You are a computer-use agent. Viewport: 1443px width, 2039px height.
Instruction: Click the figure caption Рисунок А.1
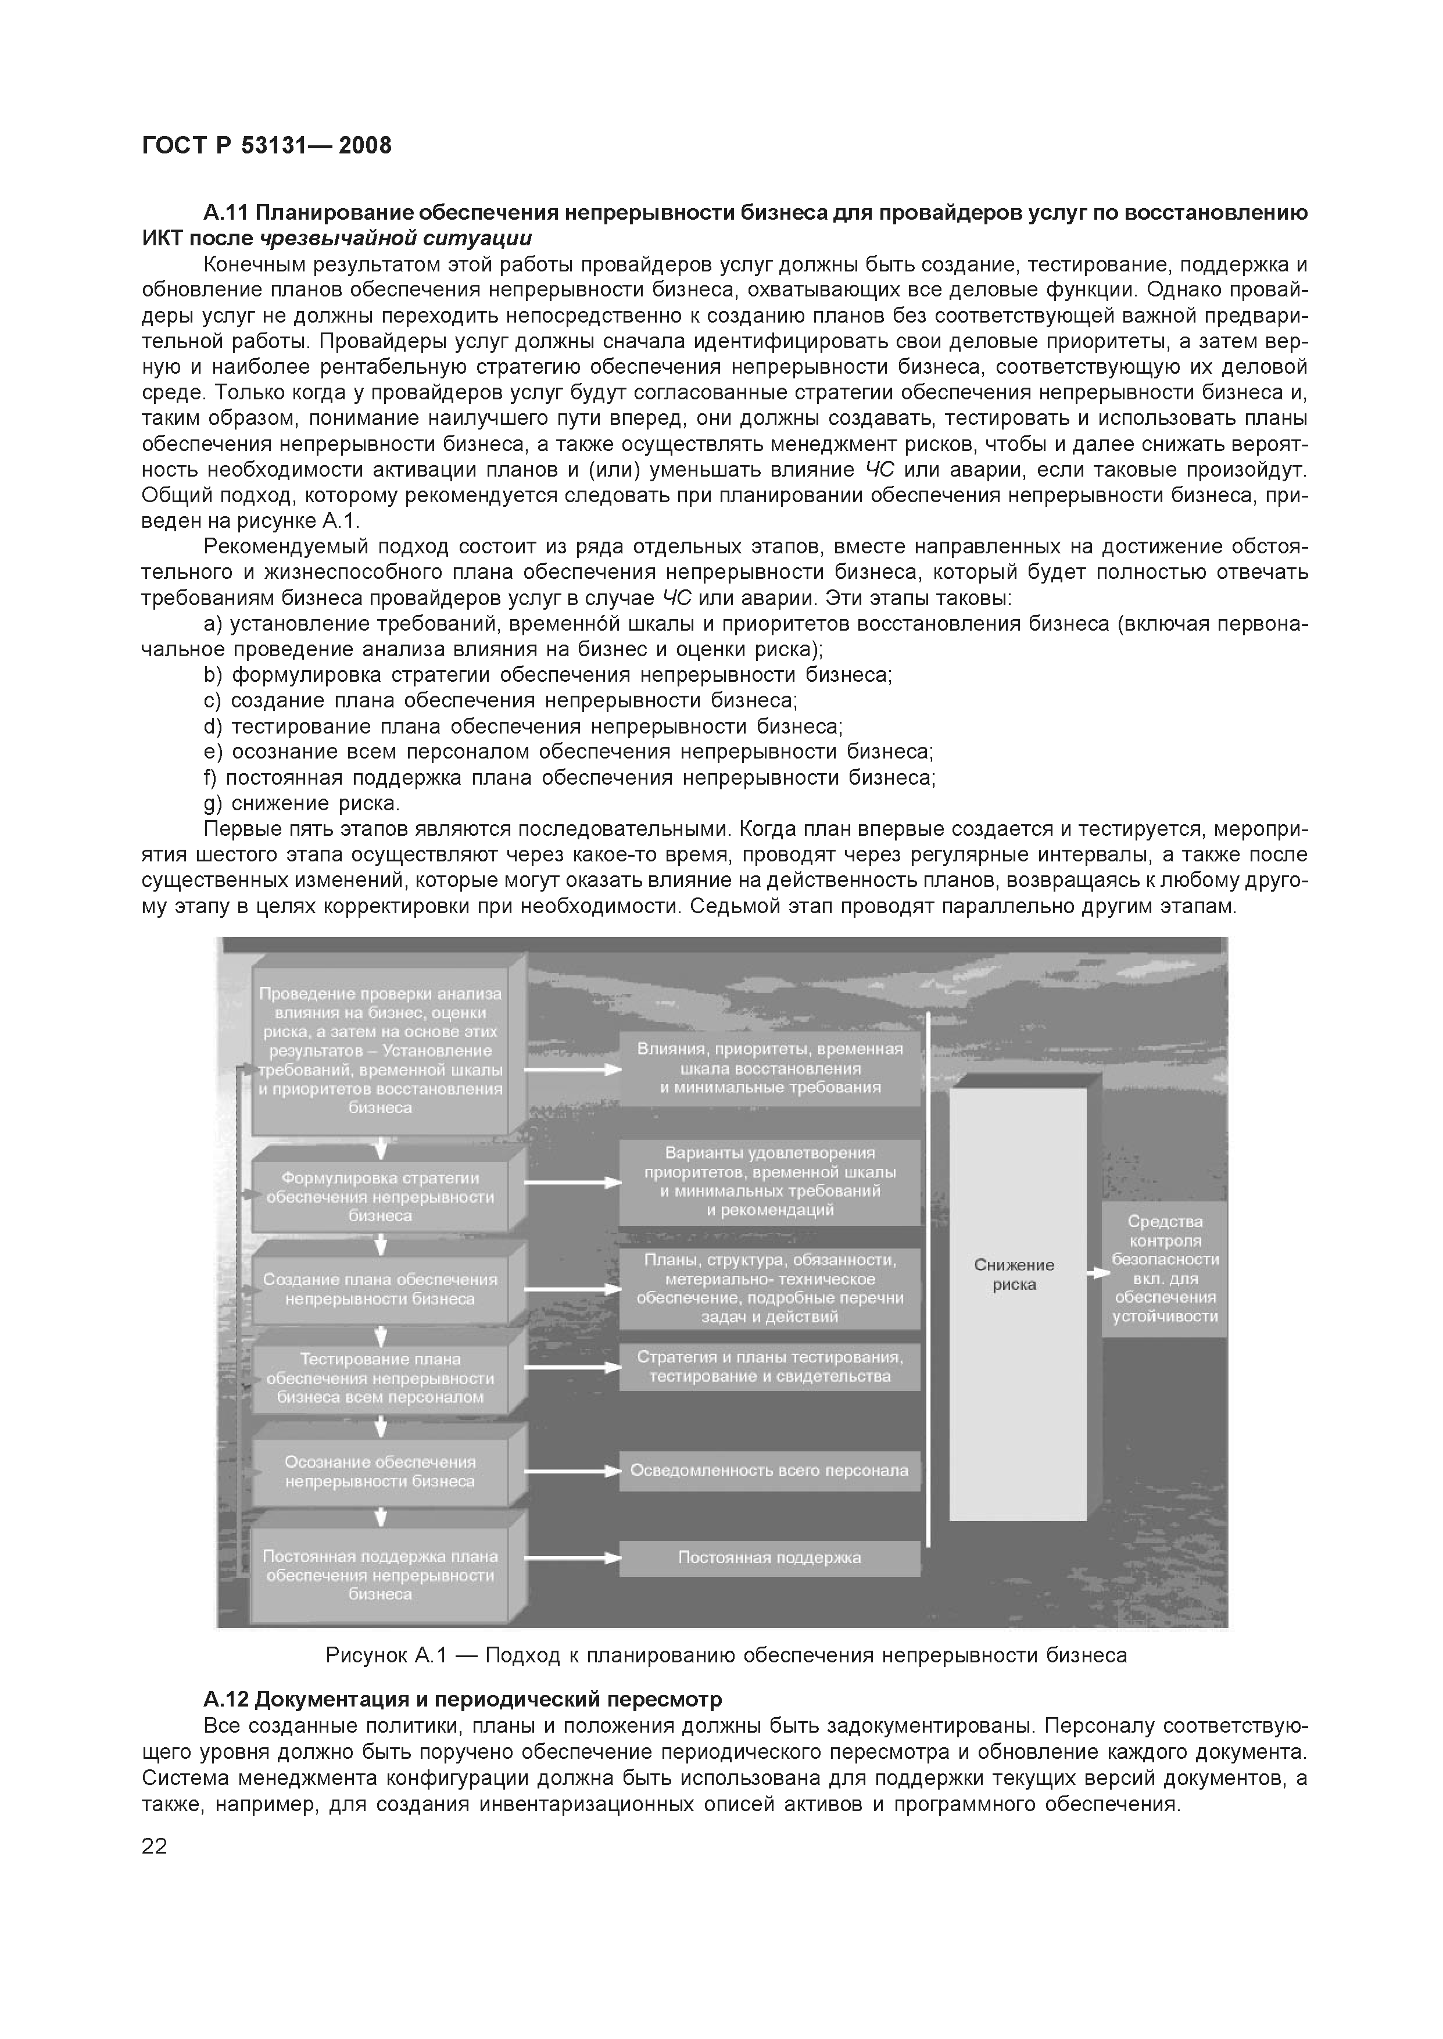point(725,1655)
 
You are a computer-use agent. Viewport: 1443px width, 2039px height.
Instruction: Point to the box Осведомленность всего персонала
point(769,1471)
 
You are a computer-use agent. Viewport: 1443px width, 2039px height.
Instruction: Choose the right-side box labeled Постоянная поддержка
point(769,1558)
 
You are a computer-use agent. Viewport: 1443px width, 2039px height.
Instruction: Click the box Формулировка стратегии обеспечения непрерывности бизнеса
point(380,1197)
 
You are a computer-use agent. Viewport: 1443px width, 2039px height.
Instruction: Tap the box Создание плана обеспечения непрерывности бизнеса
point(380,1289)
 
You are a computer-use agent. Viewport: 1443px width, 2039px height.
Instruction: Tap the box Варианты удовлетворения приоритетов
point(769,1182)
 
